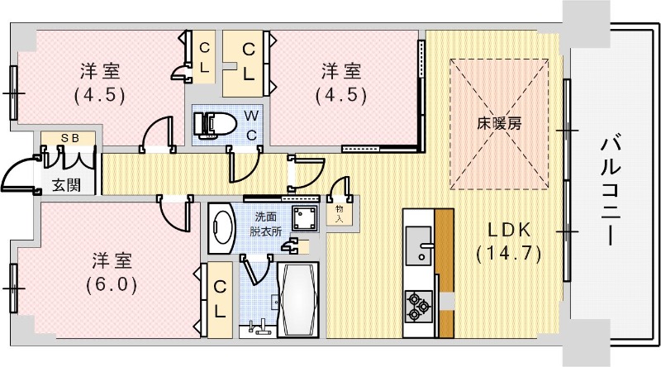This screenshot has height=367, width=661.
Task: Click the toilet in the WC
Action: coord(212,124)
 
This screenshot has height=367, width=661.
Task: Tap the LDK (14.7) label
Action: coord(507,241)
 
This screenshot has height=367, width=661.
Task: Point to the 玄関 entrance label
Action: coord(66,183)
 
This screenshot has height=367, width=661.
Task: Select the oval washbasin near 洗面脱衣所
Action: coord(223,229)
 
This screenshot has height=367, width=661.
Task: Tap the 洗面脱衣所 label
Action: coord(266,224)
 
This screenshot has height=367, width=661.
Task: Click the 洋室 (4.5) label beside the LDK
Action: coord(340,81)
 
